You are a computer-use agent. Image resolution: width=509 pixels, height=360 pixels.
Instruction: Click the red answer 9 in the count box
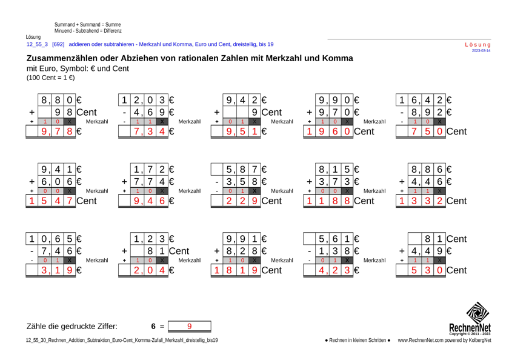coord(189,325)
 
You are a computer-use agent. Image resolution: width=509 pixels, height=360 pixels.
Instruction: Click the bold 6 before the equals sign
coord(154,326)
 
